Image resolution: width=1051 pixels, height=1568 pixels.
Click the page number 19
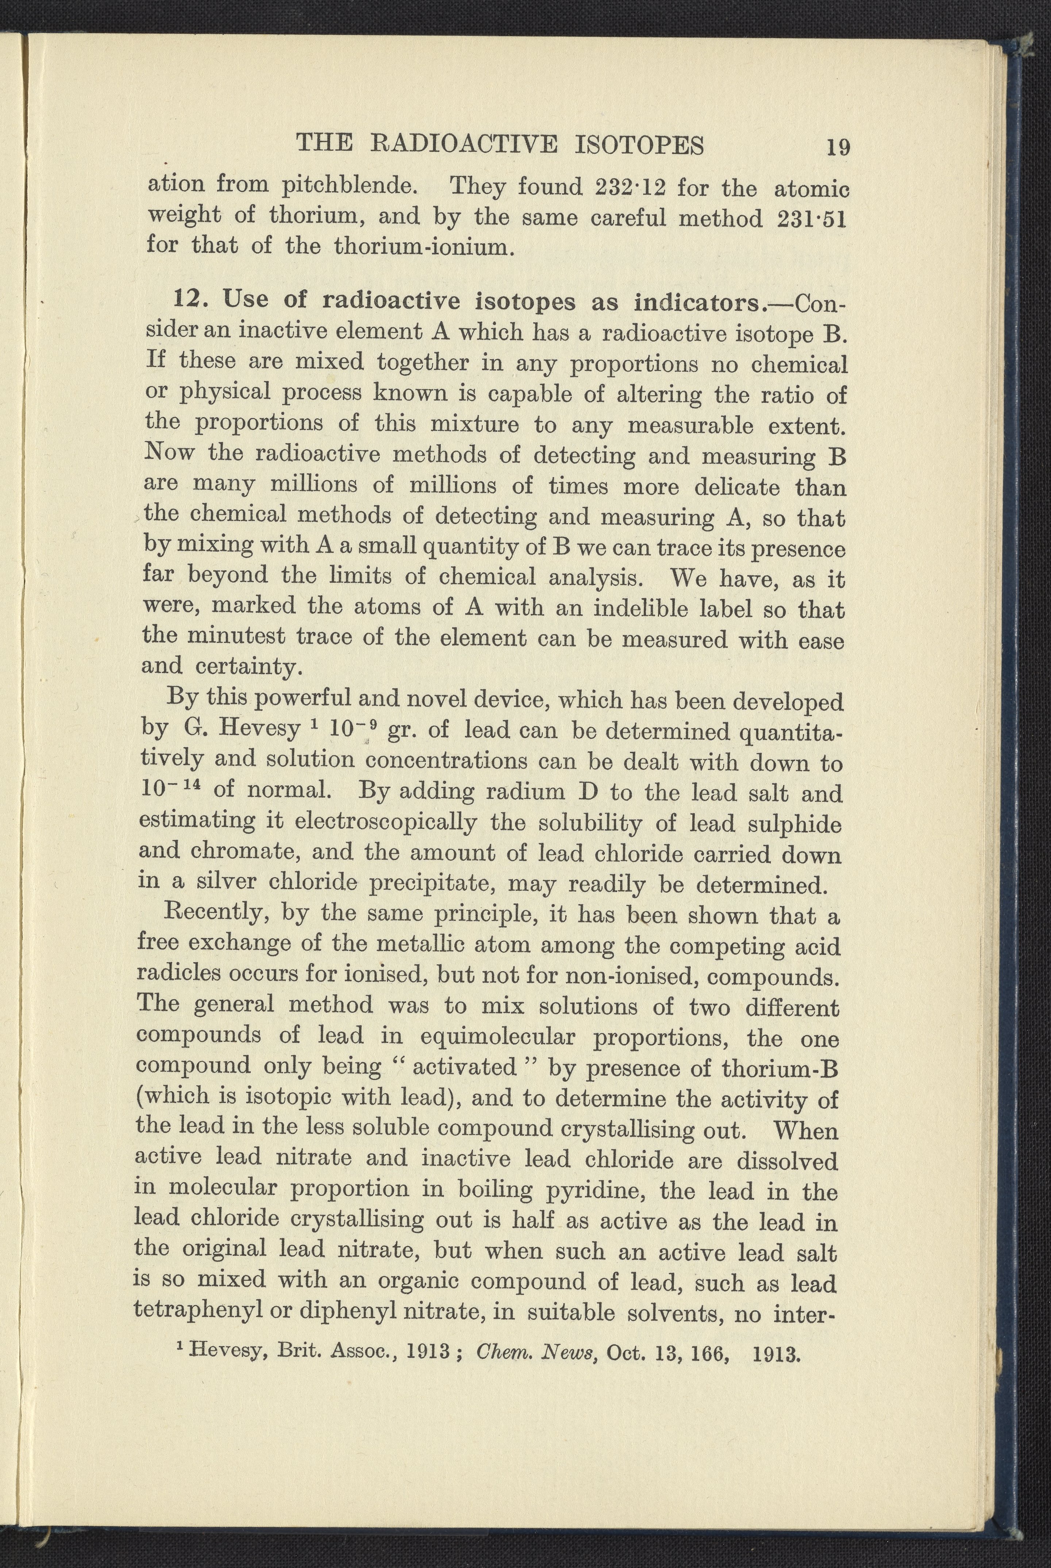click(x=838, y=146)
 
